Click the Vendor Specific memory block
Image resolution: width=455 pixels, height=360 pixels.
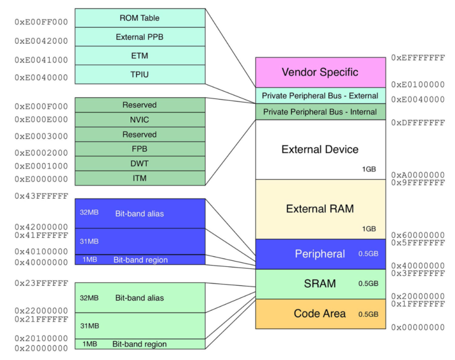320,72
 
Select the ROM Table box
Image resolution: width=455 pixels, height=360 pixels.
140,18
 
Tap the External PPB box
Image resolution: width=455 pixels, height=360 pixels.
140,37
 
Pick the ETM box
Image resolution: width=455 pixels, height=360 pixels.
140,56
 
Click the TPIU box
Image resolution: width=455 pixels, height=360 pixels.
140,75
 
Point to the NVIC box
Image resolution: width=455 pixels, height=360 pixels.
140,120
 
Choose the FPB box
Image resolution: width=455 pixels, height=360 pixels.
140,149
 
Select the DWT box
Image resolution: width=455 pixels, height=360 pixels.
140,164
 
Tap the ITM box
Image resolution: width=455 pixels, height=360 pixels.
140,178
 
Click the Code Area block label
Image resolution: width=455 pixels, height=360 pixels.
320,314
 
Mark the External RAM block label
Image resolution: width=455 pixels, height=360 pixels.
320,209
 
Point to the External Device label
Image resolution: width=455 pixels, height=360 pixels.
320,149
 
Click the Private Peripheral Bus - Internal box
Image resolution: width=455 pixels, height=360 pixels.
320,111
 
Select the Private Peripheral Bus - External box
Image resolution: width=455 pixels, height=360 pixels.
320,95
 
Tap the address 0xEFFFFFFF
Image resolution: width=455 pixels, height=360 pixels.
418,58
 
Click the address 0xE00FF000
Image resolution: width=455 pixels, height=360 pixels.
41,22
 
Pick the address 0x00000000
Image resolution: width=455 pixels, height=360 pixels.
418,327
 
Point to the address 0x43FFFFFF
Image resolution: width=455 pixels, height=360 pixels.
41,196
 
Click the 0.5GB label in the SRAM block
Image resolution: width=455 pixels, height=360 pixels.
368,283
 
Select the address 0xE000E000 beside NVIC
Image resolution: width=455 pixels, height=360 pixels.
41,119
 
